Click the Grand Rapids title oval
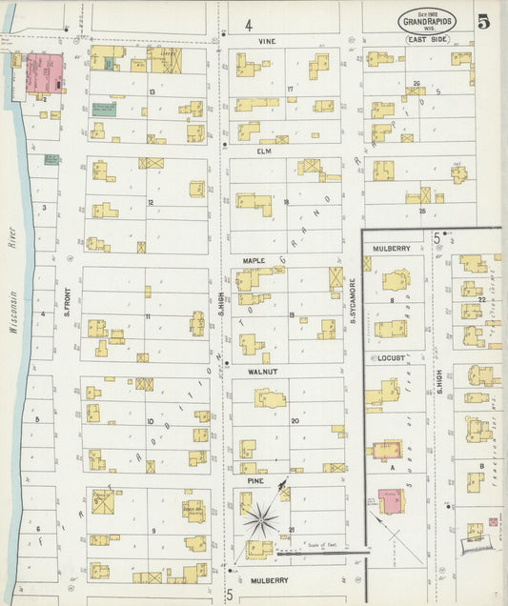pos(427,20)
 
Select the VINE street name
pos(266,42)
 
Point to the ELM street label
pos(264,151)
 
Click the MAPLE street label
pos(254,260)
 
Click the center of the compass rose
pos(260,520)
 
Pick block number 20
pos(295,420)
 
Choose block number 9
pos(152,530)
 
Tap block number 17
pos(290,89)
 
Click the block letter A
pos(392,468)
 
